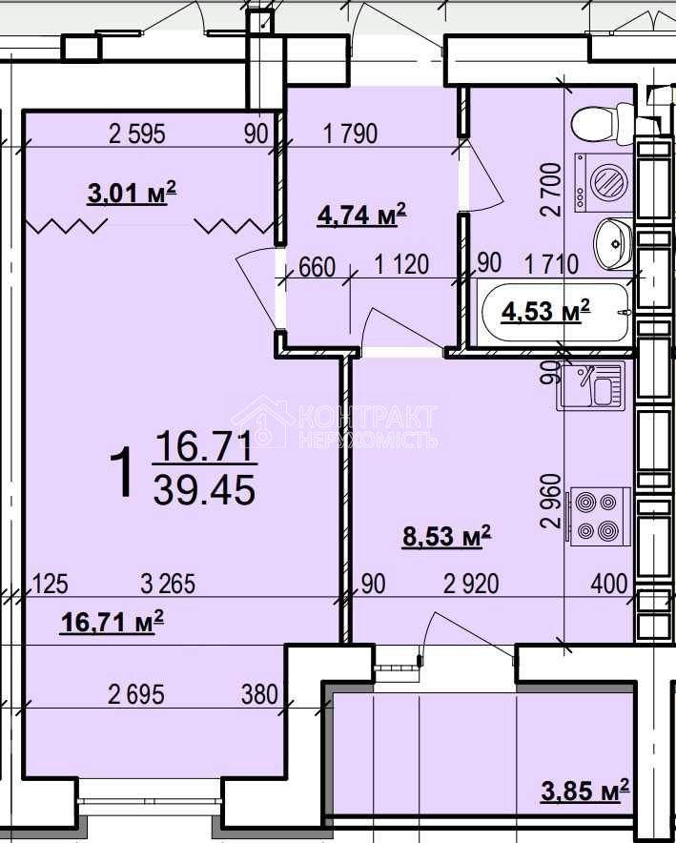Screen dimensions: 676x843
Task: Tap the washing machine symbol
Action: (x=604, y=182)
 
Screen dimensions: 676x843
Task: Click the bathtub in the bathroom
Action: (x=556, y=313)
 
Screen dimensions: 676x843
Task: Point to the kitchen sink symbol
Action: (x=590, y=385)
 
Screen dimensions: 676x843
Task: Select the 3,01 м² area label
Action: (x=132, y=194)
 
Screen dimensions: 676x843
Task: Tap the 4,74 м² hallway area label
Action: (x=361, y=216)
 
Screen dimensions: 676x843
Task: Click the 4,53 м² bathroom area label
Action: (x=545, y=312)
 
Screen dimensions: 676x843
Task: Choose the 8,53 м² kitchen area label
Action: (x=446, y=536)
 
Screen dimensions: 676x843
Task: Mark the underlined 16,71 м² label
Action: (x=112, y=623)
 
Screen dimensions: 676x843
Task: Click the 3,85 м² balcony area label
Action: (x=584, y=791)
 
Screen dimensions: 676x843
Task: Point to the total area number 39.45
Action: (x=204, y=491)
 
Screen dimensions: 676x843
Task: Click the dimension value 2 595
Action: (x=137, y=134)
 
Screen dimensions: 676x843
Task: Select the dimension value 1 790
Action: (x=350, y=134)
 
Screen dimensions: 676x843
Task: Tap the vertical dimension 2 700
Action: (x=552, y=190)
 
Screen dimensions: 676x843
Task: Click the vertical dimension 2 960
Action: (x=552, y=501)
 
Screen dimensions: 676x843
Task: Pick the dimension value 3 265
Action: (x=168, y=584)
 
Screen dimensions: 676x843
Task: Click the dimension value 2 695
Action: (x=136, y=694)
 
